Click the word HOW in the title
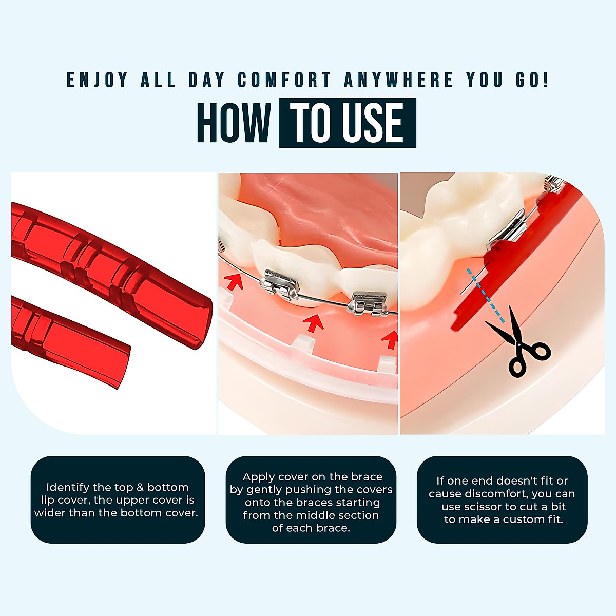click(234, 123)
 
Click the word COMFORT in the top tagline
click(284, 81)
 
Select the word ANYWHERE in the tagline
click(398, 81)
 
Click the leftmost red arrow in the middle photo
click(233, 281)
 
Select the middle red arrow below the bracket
click(314, 323)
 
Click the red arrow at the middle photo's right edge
click(391, 339)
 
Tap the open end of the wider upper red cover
click(200, 323)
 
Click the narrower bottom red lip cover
click(72, 341)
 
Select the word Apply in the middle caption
click(258, 477)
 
